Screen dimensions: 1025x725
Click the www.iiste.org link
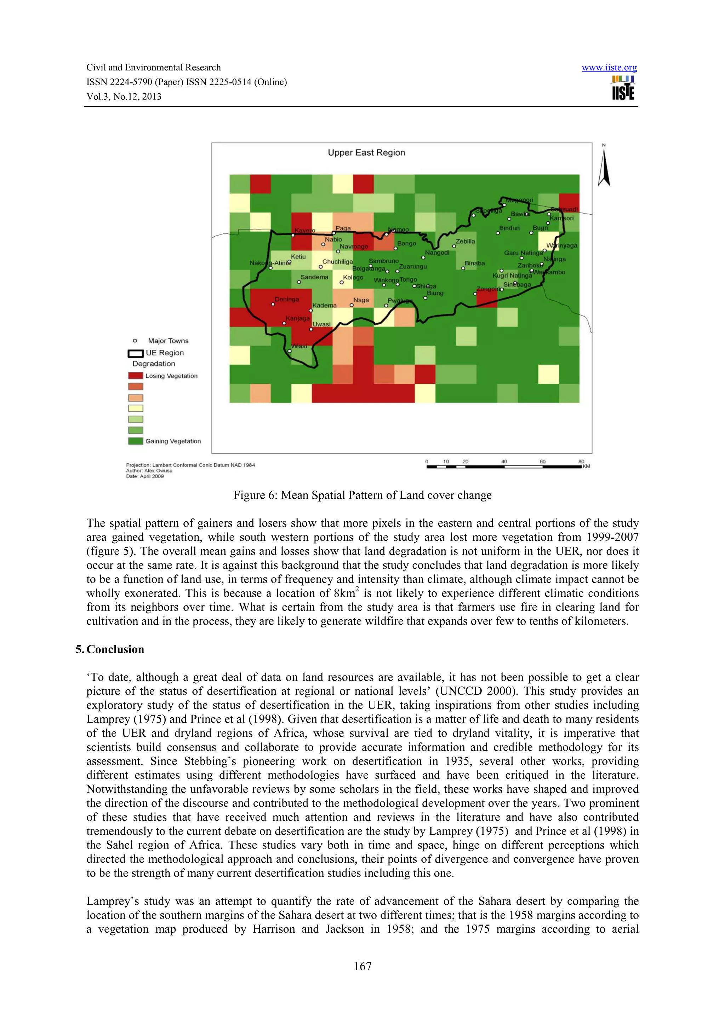point(609,68)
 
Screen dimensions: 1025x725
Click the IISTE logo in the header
point(623,88)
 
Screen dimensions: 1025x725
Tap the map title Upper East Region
point(366,153)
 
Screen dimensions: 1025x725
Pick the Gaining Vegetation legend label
point(173,441)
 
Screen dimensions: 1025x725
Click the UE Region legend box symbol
point(135,353)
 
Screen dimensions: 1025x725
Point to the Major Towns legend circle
point(135,341)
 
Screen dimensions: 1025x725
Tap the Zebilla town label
point(465,242)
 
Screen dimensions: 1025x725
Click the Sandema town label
point(314,277)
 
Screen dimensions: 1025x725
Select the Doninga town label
point(286,300)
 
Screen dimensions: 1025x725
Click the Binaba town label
point(474,264)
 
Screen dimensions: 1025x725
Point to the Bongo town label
point(406,244)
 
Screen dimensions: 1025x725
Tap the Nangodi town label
point(437,253)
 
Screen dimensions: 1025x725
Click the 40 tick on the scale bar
point(504,462)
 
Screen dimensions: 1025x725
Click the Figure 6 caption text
point(362,495)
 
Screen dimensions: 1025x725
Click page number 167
point(362,966)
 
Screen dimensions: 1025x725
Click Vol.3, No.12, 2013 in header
point(124,97)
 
